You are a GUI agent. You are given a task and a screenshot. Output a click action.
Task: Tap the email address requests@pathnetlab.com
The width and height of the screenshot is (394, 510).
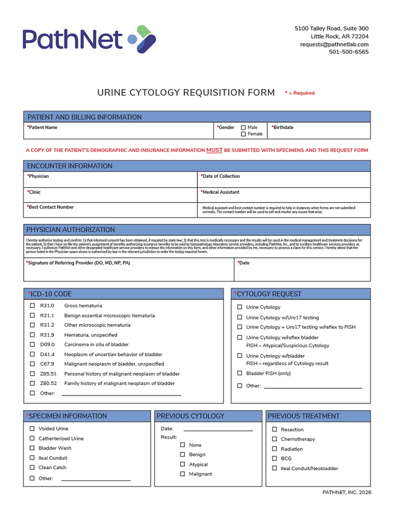(x=334, y=44)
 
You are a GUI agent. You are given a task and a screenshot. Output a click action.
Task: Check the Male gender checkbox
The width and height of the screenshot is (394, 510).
(x=243, y=127)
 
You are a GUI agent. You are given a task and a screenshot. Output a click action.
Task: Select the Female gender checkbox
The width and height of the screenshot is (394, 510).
(x=243, y=134)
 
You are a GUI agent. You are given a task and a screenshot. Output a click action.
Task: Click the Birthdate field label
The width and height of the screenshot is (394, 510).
(x=283, y=127)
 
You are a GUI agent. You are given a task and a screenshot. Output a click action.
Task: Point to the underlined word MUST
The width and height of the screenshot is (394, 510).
(x=214, y=150)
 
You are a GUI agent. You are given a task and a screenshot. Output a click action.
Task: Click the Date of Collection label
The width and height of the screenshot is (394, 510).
(x=221, y=176)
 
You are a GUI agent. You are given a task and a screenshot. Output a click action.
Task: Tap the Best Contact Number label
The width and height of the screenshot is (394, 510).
(x=51, y=207)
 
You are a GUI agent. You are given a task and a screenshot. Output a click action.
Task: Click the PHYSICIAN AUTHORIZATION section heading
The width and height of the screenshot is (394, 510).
(x=70, y=230)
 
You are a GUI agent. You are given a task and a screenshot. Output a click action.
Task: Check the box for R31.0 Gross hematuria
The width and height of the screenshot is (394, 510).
(x=32, y=305)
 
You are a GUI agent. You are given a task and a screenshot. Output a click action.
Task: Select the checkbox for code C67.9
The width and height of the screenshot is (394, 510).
(x=32, y=364)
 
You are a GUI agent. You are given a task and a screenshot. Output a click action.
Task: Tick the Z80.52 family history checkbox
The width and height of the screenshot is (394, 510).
(x=32, y=383)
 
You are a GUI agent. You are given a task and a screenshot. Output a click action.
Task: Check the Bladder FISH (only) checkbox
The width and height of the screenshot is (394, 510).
(x=239, y=373)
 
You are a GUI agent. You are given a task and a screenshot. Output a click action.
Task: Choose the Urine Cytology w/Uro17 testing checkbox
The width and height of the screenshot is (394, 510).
(x=239, y=317)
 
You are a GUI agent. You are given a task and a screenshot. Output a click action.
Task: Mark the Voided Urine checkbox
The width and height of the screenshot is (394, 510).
(x=32, y=428)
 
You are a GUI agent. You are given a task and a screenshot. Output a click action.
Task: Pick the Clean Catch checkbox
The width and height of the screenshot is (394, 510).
(x=32, y=467)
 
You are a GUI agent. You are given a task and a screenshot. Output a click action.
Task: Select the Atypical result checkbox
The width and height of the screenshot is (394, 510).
(x=183, y=464)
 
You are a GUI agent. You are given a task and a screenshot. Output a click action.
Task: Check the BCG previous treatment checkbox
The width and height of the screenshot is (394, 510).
(x=274, y=458)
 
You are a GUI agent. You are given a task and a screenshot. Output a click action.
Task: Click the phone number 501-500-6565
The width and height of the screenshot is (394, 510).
(x=349, y=52)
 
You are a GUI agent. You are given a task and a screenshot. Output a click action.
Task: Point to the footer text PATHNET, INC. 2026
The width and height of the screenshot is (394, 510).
(x=347, y=492)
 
